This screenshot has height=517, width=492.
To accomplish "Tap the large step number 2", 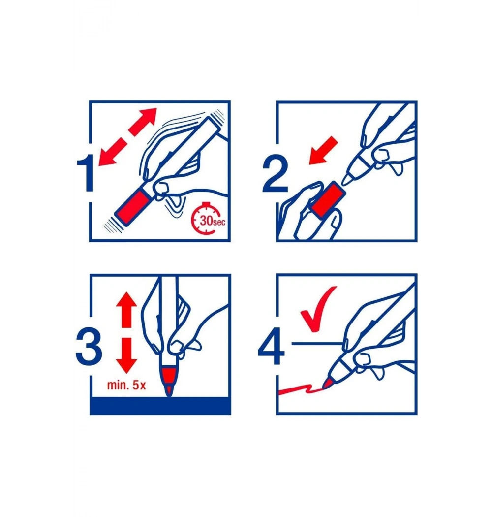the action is [x=275, y=173].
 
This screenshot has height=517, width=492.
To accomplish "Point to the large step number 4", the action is [x=271, y=346].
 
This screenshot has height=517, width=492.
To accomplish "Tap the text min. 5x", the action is [x=126, y=385].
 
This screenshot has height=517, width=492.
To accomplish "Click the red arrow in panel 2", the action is [x=323, y=150].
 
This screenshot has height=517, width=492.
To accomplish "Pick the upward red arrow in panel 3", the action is [x=126, y=309].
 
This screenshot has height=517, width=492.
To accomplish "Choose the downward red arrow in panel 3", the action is [x=126, y=355].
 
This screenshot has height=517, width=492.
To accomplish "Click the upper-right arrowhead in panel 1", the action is [x=147, y=117].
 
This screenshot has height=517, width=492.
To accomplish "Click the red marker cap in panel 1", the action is [x=133, y=206].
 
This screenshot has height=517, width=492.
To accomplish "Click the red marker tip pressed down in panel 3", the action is [x=168, y=389].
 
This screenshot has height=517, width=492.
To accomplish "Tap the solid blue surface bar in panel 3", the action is [x=160, y=406].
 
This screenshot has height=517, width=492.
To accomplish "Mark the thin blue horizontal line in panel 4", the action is [x=317, y=344].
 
